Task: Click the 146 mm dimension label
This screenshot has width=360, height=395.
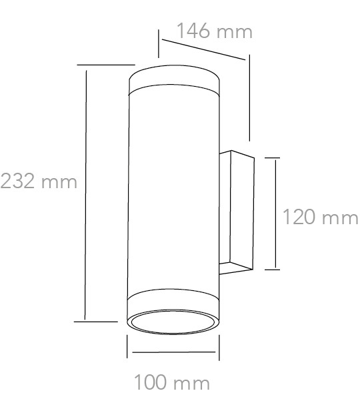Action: (x=214, y=31)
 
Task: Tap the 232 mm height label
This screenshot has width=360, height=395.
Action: (x=39, y=181)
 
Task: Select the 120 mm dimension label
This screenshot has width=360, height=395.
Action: (x=320, y=217)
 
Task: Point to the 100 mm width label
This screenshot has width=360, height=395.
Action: (x=172, y=382)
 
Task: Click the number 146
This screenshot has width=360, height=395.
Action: (x=193, y=31)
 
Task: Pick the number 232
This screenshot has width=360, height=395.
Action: (x=17, y=181)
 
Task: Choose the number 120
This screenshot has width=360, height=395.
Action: (x=299, y=217)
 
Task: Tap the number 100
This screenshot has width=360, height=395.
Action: (x=150, y=382)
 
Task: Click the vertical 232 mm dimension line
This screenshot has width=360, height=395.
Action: (x=85, y=195)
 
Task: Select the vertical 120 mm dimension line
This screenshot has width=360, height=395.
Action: (x=275, y=214)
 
